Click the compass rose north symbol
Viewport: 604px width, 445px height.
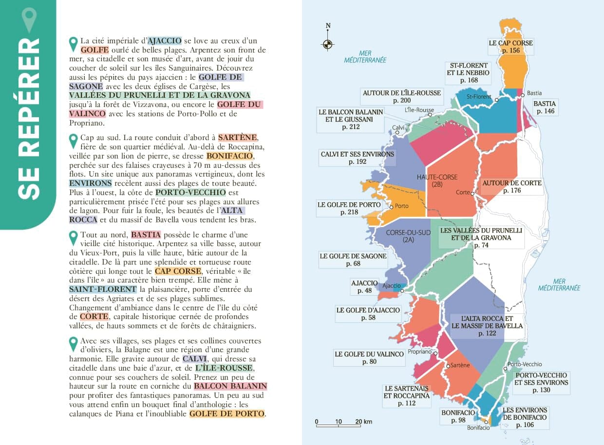(328, 43)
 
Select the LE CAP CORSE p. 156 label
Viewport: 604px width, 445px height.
(511, 47)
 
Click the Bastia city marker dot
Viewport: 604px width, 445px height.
(523, 95)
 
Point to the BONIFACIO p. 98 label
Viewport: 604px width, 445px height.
(458, 416)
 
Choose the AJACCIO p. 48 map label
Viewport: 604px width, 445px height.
(364, 286)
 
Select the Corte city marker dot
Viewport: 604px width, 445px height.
(472, 193)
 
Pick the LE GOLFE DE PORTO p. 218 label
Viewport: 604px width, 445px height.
(349, 209)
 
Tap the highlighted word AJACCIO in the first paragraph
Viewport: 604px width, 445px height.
(165, 41)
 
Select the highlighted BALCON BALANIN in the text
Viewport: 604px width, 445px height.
(230, 386)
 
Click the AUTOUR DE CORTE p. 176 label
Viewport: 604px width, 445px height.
(511, 187)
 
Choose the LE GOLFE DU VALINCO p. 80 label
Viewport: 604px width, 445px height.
(369, 358)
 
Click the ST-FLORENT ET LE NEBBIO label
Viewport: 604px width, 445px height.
(468, 73)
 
